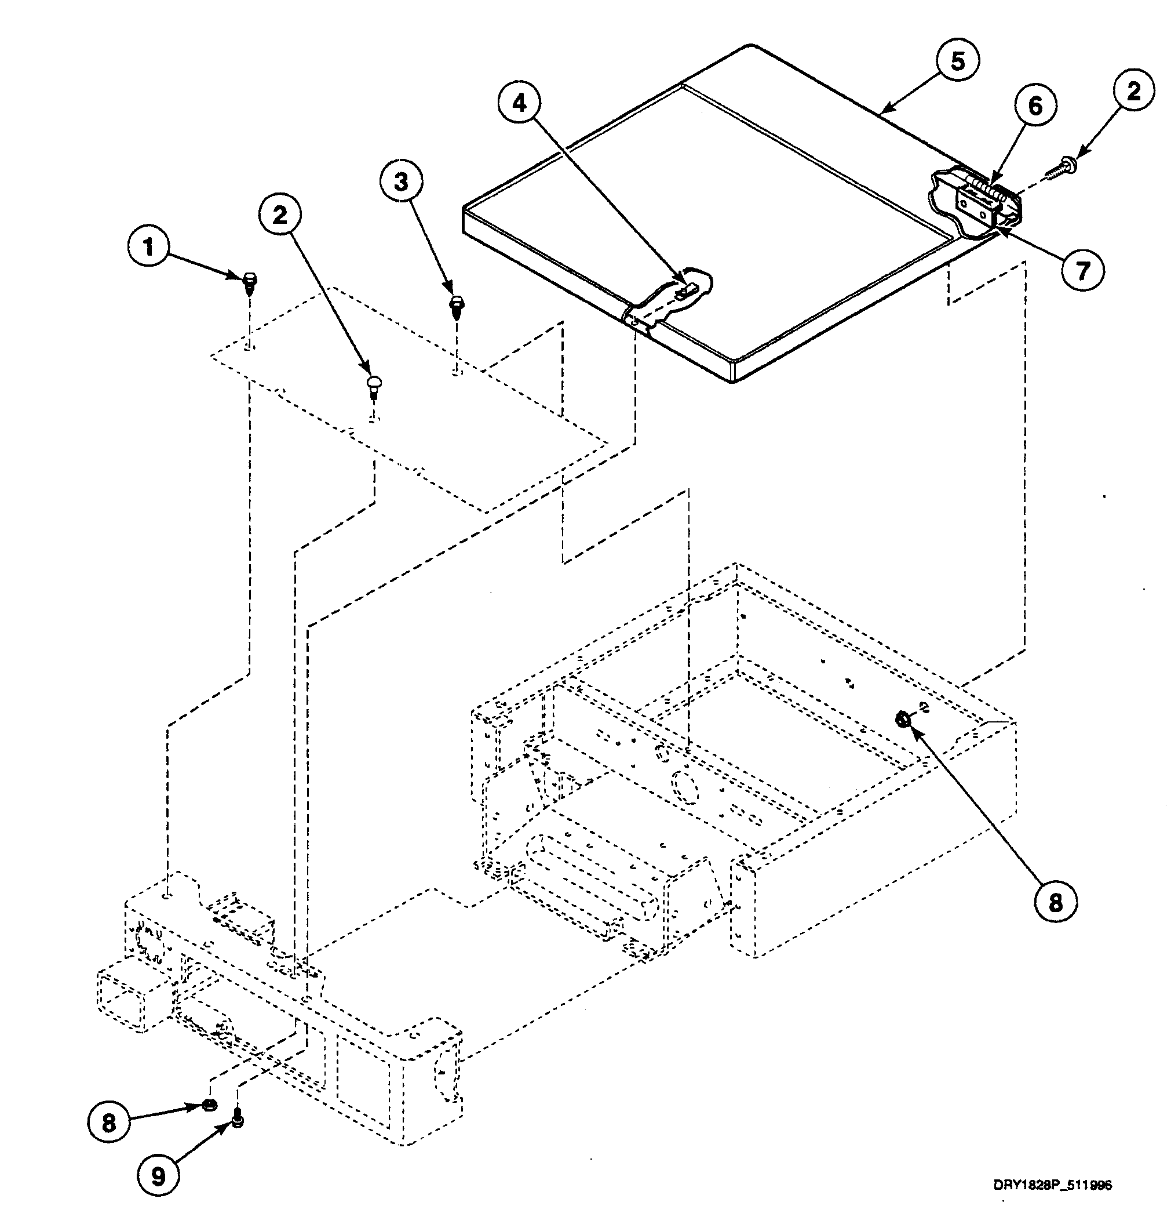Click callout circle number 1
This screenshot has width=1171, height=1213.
tap(148, 248)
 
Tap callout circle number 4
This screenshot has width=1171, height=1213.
tap(520, 103)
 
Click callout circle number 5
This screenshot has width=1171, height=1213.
tap(957, 61)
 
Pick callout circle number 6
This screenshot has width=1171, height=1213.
tap(1034, 107)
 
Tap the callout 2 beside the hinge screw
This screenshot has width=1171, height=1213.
tap(1133, 92)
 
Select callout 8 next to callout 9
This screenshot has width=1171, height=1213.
tap(108, 1122)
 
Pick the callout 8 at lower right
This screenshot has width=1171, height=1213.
tap(1055, 902)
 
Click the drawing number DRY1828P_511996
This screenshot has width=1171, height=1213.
tap(1052, 1185)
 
